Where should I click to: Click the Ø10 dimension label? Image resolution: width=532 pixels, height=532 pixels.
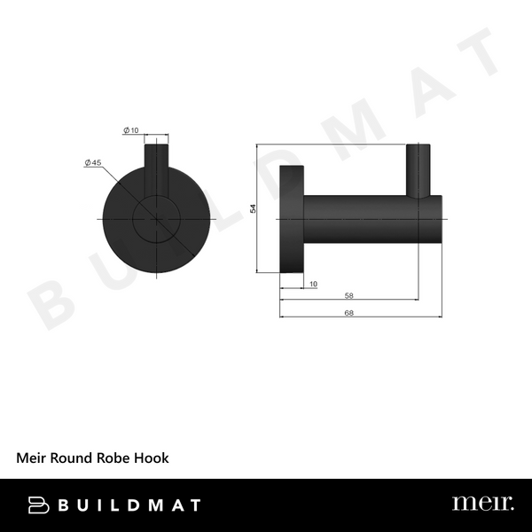point(130,131)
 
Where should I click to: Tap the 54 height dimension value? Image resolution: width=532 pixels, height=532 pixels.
point(253,208)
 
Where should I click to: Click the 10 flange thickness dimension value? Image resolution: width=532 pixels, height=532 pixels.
point(313,284)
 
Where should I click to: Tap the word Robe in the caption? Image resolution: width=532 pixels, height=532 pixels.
point(117,458)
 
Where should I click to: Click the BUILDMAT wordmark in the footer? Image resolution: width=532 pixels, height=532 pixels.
point(129,505)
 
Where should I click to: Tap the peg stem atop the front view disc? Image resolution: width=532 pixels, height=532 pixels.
point(155,164)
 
